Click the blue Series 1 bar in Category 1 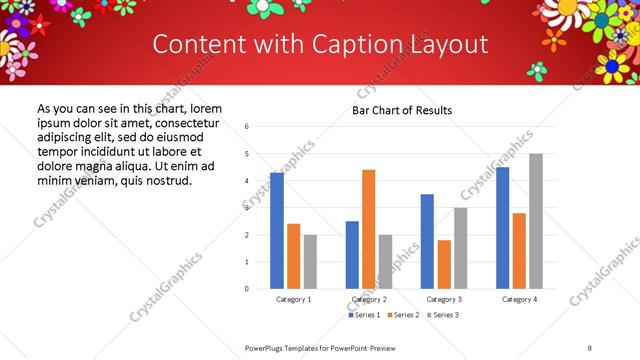(277, 231)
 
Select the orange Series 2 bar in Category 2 (369, 229)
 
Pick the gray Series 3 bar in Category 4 (536, 221)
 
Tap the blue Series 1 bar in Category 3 (427, 241)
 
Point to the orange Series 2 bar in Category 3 (444, 264)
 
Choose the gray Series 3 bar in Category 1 (310, 262)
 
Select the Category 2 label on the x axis (370, 299)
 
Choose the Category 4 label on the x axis (519, 299)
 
